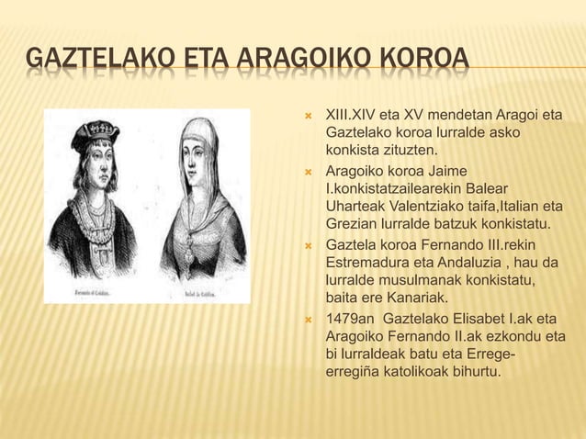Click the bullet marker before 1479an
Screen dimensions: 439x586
click(x=310, y=321)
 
